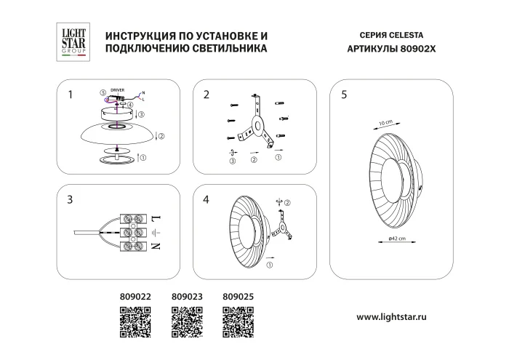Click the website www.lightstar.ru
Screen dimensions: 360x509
pyautogui.click(x=401, y=317)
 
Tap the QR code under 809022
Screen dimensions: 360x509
pyautogui.click(x=134, y=321)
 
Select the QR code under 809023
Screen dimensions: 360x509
pyautogui.click(x=186, y=321)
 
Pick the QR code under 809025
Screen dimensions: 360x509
pyautogui.click(x=237, y=321)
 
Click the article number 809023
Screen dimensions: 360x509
pyautogui.click(x=186, y=297)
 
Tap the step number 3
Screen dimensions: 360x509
pyautogui.click(x=70, y=201)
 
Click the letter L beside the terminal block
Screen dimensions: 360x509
pyautogui.click(x=155, y=217)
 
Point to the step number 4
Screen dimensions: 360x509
pyautogui.click(x=207, y=201)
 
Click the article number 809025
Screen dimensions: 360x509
pyautogui.click(x=237, y=297)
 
